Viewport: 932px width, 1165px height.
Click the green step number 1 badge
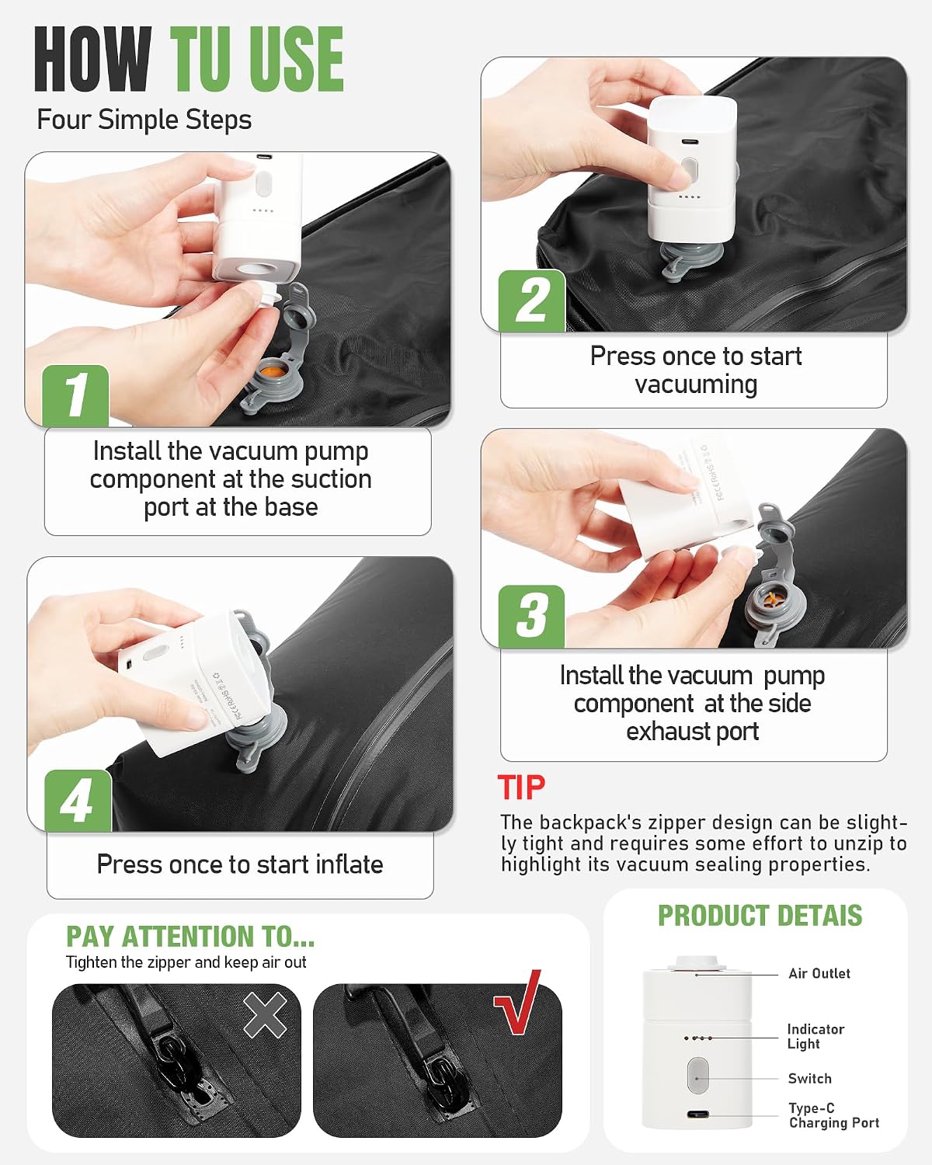pyautogui.click(x=75, y=395)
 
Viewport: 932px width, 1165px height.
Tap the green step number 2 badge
pyautogui.click(x=532, y=301)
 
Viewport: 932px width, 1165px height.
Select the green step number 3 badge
pyautogui.click(x=531, y=616)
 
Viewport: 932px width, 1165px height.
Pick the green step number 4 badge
pyautogui.click(x=78, y=800)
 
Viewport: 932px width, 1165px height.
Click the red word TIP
pyautogui.click(x=521, y=788)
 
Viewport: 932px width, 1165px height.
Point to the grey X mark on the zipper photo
pyautogui.click(x=266, y=1014)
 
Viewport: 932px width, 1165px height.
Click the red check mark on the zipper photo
pyautogui.click(x=517, y=1001)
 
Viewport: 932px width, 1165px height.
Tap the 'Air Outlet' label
pyautogui.click(x=819, y=973)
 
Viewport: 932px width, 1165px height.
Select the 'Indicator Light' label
pyautogui.click(x=815, y=1036)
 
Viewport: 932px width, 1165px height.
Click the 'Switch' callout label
pyautogui.click(x=809, y=1078)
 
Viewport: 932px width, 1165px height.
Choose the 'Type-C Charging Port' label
pyautogui.click(x=834, y=1115)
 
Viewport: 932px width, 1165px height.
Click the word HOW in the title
pyautogui.click(x=92, y=59)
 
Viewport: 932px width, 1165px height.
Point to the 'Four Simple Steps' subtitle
pyautogui.click(x=144, y=120)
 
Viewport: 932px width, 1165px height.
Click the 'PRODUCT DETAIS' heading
pyautogui.click(x=760, y=916)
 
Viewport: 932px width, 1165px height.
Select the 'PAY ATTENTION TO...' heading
pyautogui.click(x=190, y=937)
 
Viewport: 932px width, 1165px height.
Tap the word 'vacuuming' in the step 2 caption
pyautogui.click(x=696, y=385)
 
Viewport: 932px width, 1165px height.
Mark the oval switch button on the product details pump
pyautogui.click(x=697, y=1076)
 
